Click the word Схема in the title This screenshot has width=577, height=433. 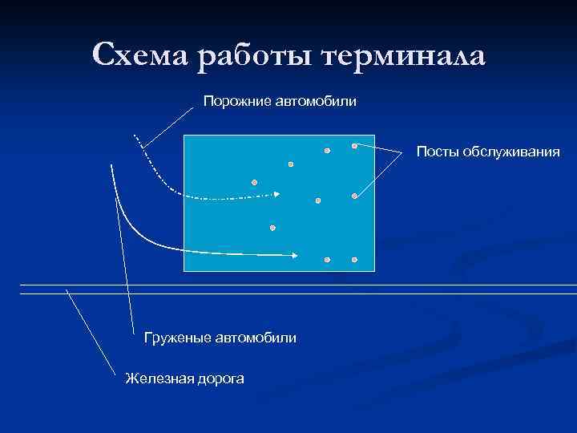click(140, 55)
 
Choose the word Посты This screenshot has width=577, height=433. click(437, 152)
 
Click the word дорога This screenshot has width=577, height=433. click(220, 378)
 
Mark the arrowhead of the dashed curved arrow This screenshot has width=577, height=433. click(276, 194)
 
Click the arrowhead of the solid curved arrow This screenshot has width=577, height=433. click(295, 256)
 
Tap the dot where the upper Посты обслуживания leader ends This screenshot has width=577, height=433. click(354, 146)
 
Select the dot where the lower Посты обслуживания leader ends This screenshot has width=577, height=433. click(354, 196)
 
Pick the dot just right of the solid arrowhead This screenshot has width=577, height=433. click(327, 261)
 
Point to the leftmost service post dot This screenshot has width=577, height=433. click(254, 183)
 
